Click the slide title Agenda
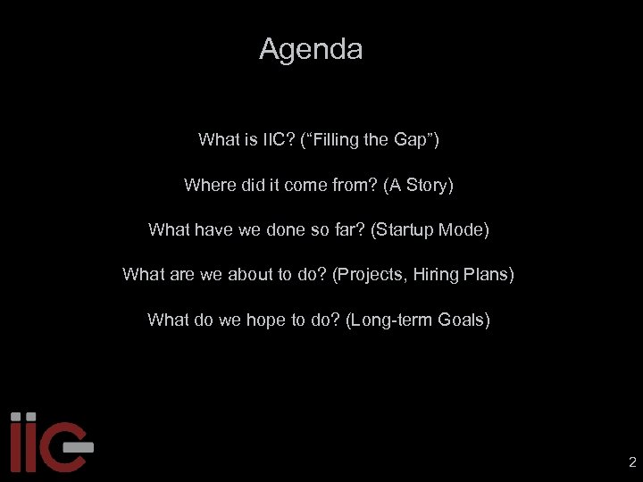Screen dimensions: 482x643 (x=311, y=49)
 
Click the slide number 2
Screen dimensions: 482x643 (x=632, y=462)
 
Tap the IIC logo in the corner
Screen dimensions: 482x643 (x=50, y=441)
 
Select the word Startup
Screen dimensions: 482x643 (x=405, y=229)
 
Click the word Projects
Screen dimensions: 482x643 (x=370, y=274)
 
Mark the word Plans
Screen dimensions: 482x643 (x=489, y=274)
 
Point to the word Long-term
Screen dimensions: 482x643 (x=388, y=320)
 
